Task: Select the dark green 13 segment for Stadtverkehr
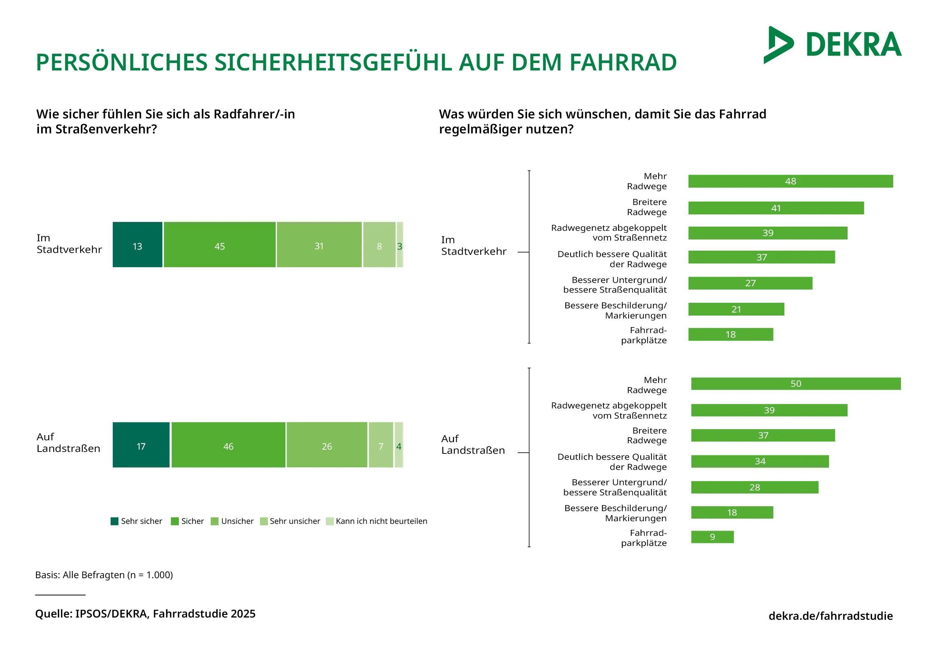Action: point(137,245)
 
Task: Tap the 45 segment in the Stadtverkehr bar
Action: point(220,245)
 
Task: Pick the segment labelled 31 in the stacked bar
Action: point(319,245)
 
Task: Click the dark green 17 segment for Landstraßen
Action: point(141,445)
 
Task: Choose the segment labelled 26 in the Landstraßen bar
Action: point(327,445)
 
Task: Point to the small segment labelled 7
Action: point(381,445)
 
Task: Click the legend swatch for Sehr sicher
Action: point(115,521)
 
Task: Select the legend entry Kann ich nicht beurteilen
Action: point(381,521)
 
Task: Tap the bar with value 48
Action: point(790,181)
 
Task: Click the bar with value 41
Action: point(776,208)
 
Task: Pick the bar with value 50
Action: point(796,383)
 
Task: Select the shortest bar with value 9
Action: point(712,537)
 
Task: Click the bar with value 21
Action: point(736,309)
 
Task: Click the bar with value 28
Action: point(754,488)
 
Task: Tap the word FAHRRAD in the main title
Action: point(623,63)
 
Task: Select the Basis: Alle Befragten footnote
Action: point(104,575)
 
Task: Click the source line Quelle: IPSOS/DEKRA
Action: point(145,614)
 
